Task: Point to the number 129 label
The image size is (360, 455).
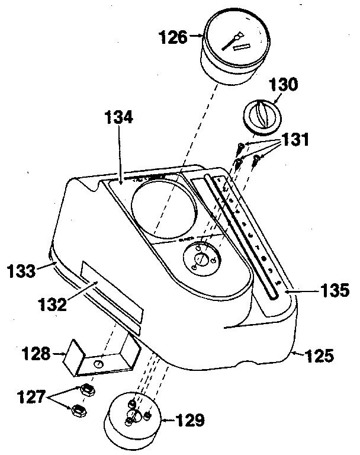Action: pyautogui.click(x=191, y=421)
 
